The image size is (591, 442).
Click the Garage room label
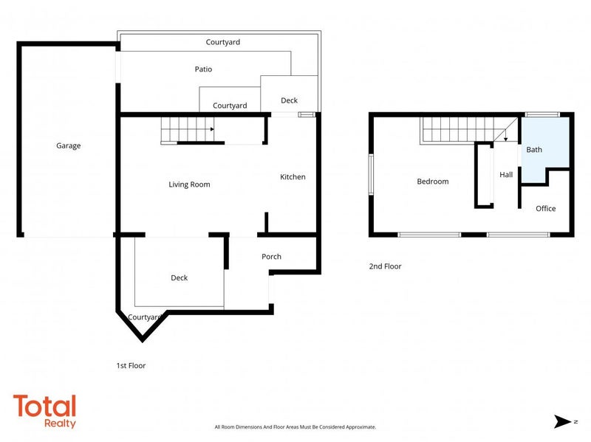coord(68,145)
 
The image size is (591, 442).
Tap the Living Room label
coord(189,184)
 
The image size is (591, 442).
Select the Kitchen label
coord(293,177)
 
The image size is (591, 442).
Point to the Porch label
coord(271,256)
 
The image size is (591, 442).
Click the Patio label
coord(203,69)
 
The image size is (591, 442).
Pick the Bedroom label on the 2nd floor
coord(433,182)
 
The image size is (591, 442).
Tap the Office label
coord(545,209)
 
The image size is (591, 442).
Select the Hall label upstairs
coord(506,175)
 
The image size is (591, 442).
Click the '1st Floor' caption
coord(131,365)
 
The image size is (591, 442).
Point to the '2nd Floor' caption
coord(385,266)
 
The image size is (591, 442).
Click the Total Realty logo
coord(45,411)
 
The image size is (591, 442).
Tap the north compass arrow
coord(562,421)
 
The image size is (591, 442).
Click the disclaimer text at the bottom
coord(295,427)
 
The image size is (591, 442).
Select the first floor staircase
coord(188,130)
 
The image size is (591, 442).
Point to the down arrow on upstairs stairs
coord(505,134)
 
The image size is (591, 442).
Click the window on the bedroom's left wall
coord(371,174)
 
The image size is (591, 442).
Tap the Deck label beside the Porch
coord(179,278)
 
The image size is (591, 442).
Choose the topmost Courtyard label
coord(223,42)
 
